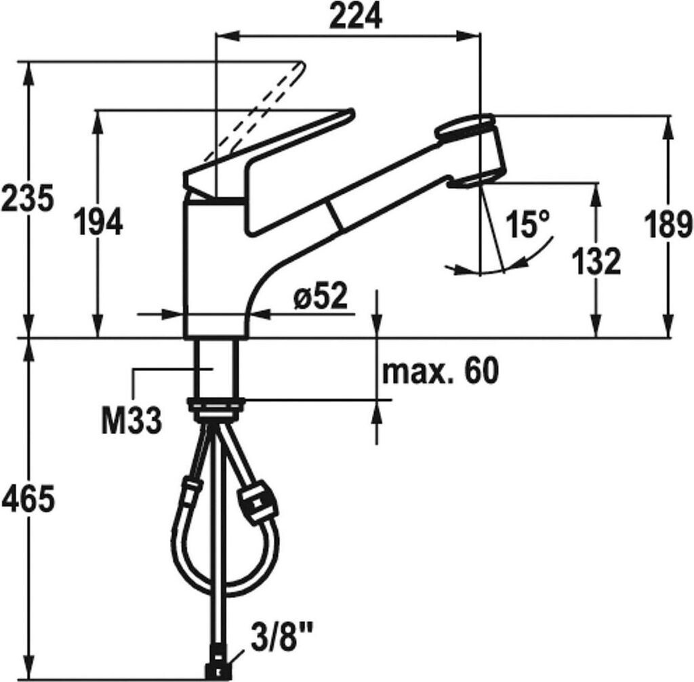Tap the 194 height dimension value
click(x=98, y=221)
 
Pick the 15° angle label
click(x=529, y=223)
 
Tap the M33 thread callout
click(x=131, y=421)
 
